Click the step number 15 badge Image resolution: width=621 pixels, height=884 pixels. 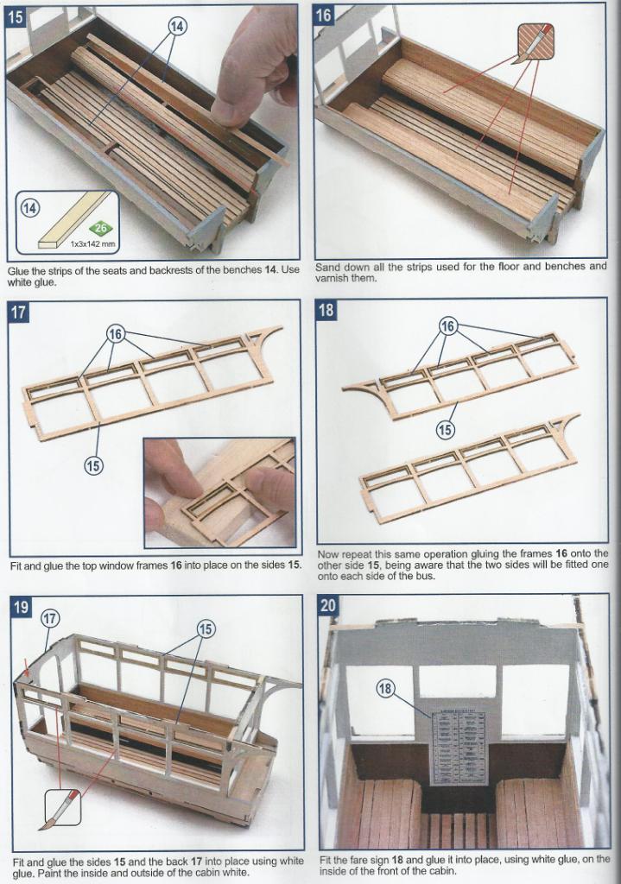17,16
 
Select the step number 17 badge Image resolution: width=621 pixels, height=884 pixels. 18,311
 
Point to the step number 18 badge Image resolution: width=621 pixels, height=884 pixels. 326,309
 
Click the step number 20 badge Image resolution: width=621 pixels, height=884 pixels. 329,605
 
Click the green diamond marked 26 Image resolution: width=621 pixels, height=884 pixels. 101,229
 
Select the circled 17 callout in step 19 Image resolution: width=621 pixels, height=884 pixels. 49,618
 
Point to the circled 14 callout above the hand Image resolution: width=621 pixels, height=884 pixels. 176,27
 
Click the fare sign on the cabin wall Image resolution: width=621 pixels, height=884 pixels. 458,748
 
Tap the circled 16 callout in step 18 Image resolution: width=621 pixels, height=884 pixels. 448,326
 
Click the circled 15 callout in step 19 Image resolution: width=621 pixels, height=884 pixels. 205,629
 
